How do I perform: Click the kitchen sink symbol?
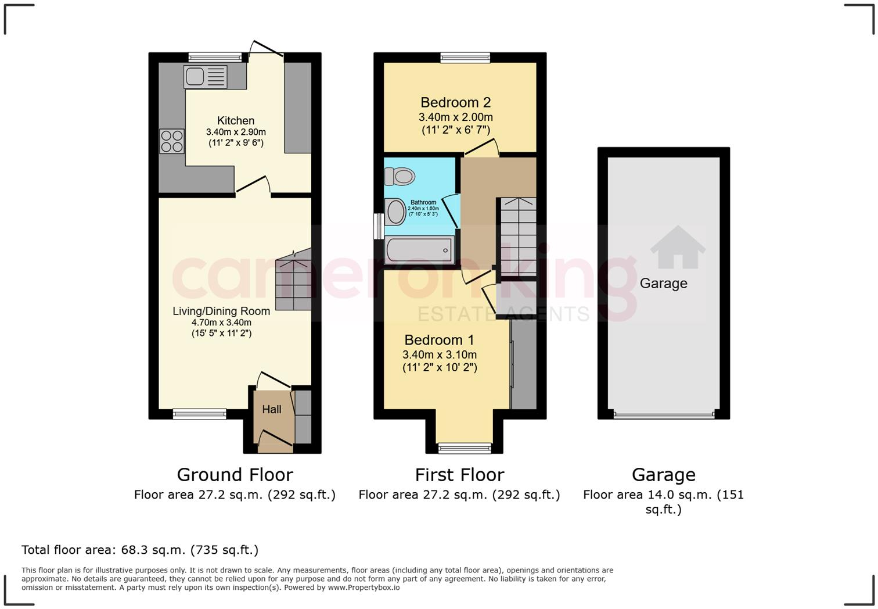pyautogui.click(x=205, y=77)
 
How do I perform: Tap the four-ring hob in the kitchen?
pyautogui.click(x=171, y=141)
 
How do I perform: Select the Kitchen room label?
pyautogui.click(x=236, y=121)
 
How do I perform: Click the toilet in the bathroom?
pyautogui.click(x=400, y=175)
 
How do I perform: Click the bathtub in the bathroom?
pyautogui.click(x=420, y=251)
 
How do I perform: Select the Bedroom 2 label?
pyautogui.click(x=455, y=103)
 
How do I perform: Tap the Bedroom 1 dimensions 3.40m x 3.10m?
pyautogui.click(x=440, y=355)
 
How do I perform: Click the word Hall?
pyautogui.click(x=272, y=410)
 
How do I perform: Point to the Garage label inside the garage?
pyautogui.click(x=663, y=284)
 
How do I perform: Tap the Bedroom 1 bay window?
pyautogui.click(x=465, y=447)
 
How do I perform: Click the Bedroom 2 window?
pyautogui.click(x=465, y=56)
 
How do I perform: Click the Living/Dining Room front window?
pyautogui.click(x=199, y=414)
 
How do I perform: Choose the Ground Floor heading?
pyautogui.click(x=235, y=475)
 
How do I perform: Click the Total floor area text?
pyautogui.click(x=140, y=550)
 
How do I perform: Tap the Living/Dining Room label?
pyautogui.click(x=221, y=311)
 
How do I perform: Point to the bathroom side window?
pyautogui.click(x=377, y=225)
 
